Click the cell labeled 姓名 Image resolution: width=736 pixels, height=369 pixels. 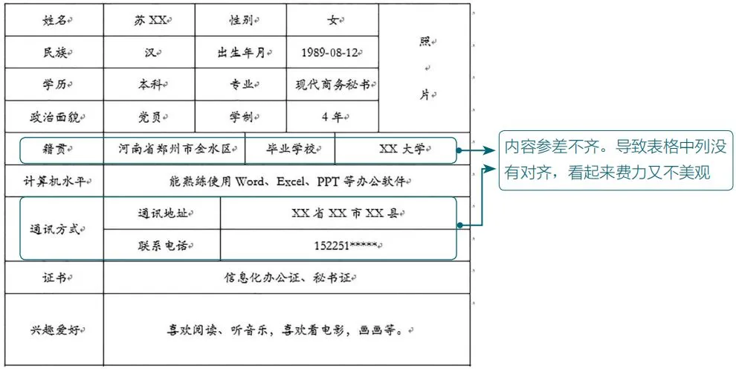click(x=54, y=21)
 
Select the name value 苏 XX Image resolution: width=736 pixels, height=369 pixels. click(x=148, y=21)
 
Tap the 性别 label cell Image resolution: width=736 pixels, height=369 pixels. click(x=239, y=21)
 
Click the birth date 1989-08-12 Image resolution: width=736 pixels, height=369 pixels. click(x=330, y=53)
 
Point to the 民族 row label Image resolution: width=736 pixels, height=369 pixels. click(x=54, y=53)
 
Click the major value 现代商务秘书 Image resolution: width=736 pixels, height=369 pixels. click(x=330, y=85)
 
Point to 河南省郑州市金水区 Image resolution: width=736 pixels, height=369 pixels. click(x=175, y=149)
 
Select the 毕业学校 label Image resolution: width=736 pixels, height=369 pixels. click(x=289, y=149)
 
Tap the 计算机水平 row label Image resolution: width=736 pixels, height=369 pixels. click(x=54, y=181)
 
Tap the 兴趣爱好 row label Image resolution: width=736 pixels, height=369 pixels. click(x=54, y=329)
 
